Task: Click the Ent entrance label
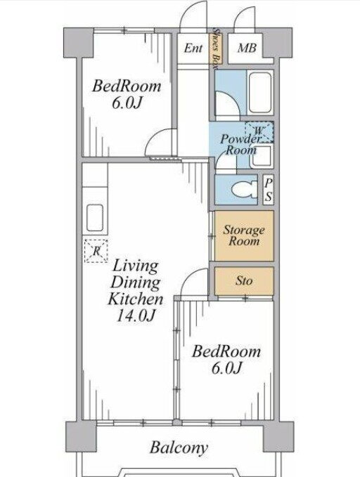[x=193, y=48]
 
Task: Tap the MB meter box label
[x=247, y=48]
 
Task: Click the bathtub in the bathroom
[x=259, y=93]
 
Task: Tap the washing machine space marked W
[x=259, y=132]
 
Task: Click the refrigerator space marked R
[x=96, y=251]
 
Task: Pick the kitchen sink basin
[x=95, y=218]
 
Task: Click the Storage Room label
[x=244, y=235]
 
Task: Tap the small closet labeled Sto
[x=244, y=281]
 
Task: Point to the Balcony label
[x=179, y=447]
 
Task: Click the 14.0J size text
[x=136, y=315]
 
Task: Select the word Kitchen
[x=136, y=299]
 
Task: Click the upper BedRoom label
[x=127, y=86]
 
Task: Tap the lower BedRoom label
[x=226, y=352]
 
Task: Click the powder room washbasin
[x=261, y=156]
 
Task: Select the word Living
[x=135, y=266]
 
